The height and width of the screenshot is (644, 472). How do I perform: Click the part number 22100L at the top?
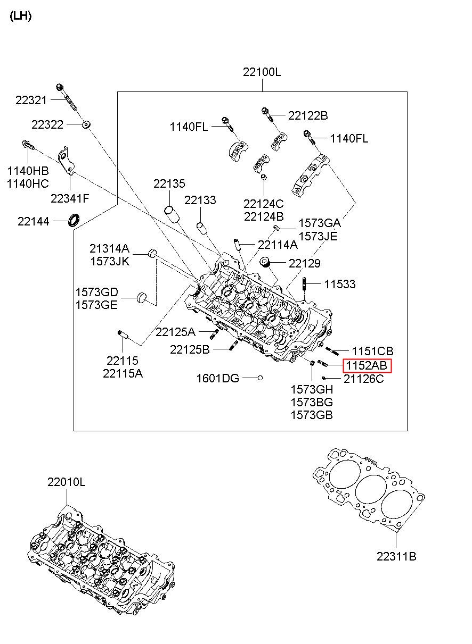coord(262,72)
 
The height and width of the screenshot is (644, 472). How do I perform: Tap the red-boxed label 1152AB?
coord(367,365)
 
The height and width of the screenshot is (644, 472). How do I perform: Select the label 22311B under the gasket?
coord(396,557)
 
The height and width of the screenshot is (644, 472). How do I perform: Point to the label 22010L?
coord(66,482)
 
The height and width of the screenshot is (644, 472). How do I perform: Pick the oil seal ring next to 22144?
coord(73,219)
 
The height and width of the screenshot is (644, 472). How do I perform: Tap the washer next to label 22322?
coord(86,125)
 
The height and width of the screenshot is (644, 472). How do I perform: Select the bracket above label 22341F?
coord(67,162)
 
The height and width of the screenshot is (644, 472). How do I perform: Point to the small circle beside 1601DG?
coord(261,378)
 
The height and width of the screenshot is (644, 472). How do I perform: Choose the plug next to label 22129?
coord(265,262)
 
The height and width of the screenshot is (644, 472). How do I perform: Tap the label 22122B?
coord(308,115)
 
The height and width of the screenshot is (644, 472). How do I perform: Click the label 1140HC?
coord(28,184)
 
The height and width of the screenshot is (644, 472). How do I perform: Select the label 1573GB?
coord(312,415)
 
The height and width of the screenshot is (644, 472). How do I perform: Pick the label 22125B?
coord(190,349)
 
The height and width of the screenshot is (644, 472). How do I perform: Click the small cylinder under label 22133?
coord(202,228)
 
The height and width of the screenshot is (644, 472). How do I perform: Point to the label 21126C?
coord(363,379)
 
